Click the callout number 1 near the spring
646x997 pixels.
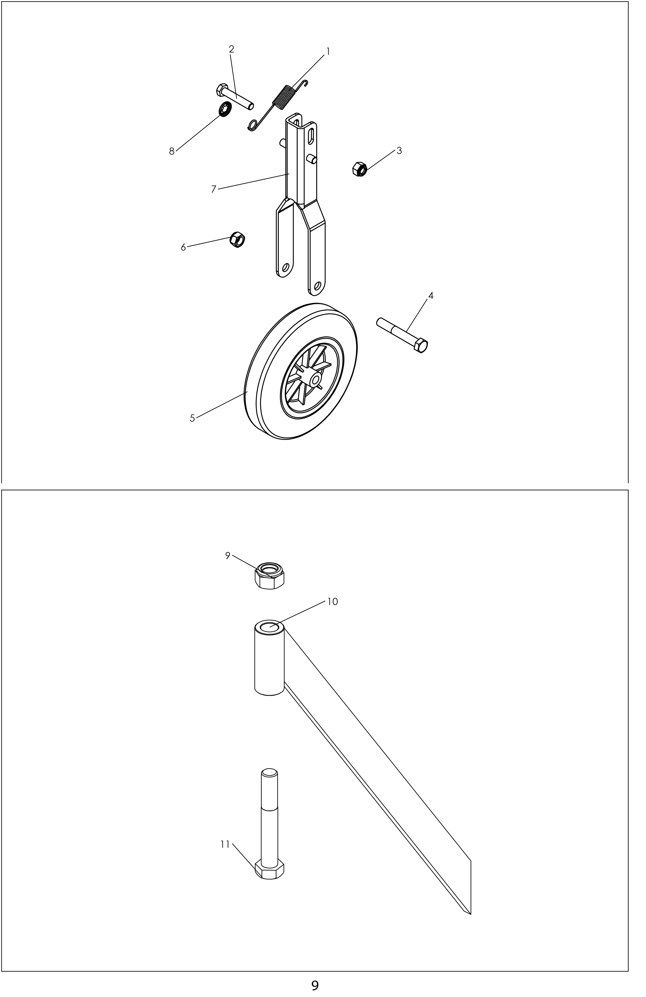click(x=328, y=52)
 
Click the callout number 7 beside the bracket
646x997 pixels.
click(x=214, y=189)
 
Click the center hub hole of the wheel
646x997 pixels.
click(x=315, y=379)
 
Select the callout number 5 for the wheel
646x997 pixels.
click(x=192, y=418)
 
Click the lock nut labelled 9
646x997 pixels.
click(x=270, y=576)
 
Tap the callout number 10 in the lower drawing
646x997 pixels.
click(x=332, y=601)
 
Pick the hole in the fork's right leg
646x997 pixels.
click(x=317, y=286)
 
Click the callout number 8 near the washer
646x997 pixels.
click(x=172, y=152)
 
